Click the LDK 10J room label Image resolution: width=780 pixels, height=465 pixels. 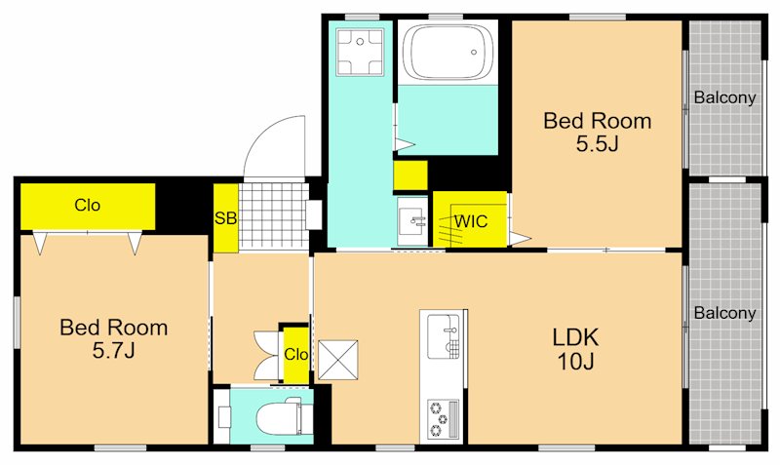click(575, 349)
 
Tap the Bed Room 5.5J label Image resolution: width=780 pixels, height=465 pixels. click(597, 133)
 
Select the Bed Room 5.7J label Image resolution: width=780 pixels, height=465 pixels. click(113, 338)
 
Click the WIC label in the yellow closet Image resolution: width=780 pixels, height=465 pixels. click(471, 221)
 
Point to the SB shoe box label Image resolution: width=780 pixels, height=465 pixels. click(225, 217)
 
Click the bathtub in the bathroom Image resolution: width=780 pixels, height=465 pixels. click(448, 52)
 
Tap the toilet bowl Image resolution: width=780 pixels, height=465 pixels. click(285, 418)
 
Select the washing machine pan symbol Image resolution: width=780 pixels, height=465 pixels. click(360, 52)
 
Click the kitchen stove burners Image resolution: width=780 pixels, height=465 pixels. click(444, 419)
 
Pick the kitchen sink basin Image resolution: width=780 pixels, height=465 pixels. click(443, 336)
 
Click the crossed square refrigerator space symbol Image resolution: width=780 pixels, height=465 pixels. click(337, 360)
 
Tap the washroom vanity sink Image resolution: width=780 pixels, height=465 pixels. click(412, 221)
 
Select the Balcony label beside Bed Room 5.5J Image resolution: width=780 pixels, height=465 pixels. click(724, 97)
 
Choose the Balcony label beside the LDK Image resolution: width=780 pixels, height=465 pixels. click(724, 313)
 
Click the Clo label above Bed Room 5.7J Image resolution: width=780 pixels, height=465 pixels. click(87, 205)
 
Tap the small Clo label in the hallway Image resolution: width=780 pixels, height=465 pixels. click(296, 354)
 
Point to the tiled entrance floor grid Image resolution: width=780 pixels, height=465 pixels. click(272, 215)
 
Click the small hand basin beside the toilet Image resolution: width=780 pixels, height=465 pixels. click(223, 417)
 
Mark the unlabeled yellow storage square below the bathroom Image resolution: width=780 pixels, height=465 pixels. click(410, 175)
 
